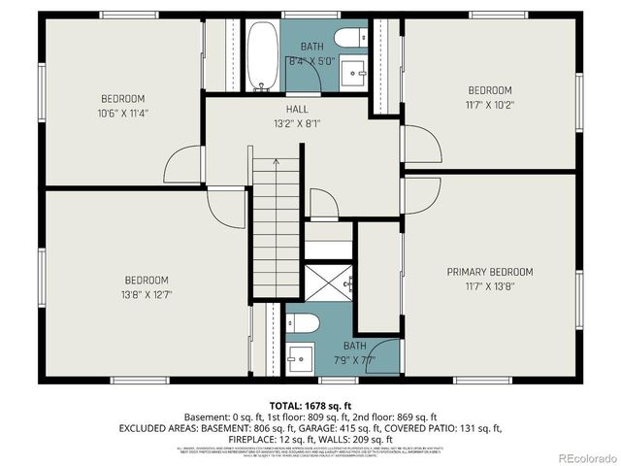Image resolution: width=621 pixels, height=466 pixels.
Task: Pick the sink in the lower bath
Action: click(x=300, y=353)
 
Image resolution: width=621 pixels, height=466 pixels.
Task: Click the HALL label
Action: click(x=297, y=109)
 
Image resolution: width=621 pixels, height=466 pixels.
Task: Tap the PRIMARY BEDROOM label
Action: click(x=490, y=272)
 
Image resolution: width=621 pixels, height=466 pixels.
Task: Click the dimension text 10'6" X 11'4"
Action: click(x=123, y=113)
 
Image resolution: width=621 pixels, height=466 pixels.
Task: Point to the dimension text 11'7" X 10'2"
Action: click(x=490, y=105)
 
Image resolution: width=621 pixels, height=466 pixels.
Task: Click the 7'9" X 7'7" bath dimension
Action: click(x=354, y=360)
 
